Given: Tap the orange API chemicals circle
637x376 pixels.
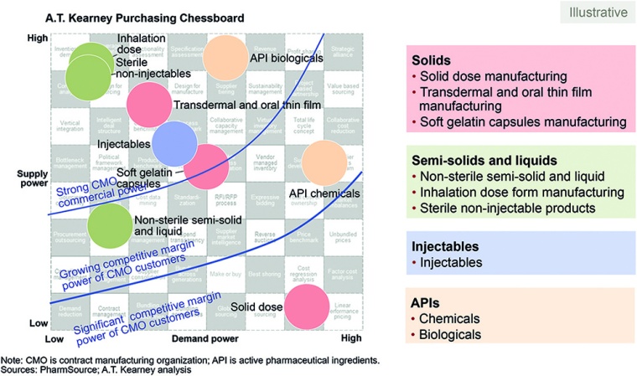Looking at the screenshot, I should (326, 163).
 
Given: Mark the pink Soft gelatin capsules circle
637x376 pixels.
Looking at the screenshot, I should (208, 167).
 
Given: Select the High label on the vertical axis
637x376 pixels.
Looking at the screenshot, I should (37, 38).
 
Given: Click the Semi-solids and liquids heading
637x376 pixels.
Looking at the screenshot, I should (483, 159).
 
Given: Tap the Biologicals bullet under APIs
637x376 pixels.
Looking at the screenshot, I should (452, 334).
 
